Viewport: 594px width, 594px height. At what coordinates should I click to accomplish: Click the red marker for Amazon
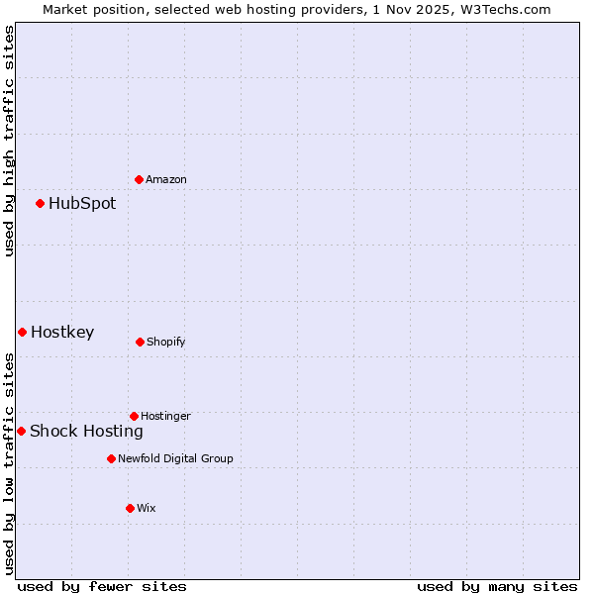(x=139, y=179)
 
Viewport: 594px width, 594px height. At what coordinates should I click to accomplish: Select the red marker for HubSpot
(x=40, y=203)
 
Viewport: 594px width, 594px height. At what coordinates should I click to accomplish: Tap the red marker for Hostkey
(x=22, y=332)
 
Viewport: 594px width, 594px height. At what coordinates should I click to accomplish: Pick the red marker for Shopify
(x=140, y=342)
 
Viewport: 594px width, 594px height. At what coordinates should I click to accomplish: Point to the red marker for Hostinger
(x=134, y=416)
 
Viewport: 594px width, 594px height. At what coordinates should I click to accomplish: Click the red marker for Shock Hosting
(x=21, y=431)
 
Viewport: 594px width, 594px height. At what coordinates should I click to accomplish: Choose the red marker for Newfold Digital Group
(x=111, y=458)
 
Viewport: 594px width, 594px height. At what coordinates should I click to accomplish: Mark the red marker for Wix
(x=130, y=508)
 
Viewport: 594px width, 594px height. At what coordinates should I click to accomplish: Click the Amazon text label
(x=166, y=179)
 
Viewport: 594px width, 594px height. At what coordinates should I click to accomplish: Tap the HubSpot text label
(x=82, y=203)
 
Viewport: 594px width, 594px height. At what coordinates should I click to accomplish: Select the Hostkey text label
(x=62, y=332)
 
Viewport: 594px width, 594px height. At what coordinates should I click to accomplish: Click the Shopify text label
(x=166, y=342)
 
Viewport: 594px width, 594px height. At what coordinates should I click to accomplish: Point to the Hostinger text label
(x=165, y=416)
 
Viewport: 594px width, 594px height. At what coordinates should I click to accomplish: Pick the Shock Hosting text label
(x=86, y=431)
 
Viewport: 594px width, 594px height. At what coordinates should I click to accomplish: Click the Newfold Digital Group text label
(x=175, y=458)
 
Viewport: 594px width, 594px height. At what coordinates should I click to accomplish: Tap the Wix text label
(x=147, y=508)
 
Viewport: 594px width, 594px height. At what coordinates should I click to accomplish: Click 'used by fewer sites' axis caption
(x=102, y=586)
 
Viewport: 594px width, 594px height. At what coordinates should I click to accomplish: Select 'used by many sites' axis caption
(x=497, y=586)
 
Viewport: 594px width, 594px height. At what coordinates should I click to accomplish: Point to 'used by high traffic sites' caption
(x=9, y=141)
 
